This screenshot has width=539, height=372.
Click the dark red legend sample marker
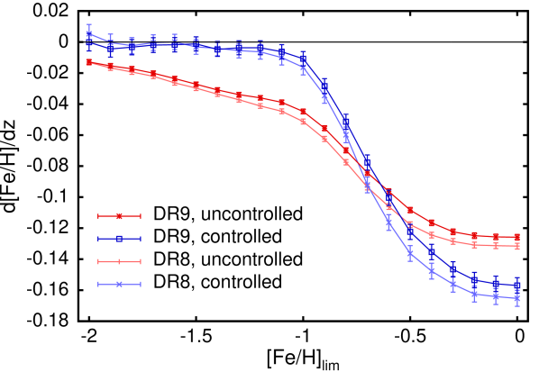pyautogui.click(x=119, y=216)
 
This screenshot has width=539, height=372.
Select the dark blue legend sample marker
pyautogui.click(x=119, y=239)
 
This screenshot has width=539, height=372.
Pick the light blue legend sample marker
pyautogui.click(x=119, y=285)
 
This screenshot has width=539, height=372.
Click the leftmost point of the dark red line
pyautogui.click(x=89, y=62)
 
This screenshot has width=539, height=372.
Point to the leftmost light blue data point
pyautogui.click(x=89, y=34)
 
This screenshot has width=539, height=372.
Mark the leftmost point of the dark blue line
pyautogui.click(x=89, y=42)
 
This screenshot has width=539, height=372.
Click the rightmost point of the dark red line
pyautogui.click(x=517, y=237)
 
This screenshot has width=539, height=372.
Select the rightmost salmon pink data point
pyautogui.click(x=517, y=246)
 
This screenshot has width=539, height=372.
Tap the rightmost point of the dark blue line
pyautogui.click(x=517, y=285)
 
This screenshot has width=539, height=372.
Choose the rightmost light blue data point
pyautogui.click(x=517, y=298)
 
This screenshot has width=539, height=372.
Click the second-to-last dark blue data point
pyautogui.click(x=496, y=284)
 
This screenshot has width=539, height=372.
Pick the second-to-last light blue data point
pyautogui.click(x=496, y=296)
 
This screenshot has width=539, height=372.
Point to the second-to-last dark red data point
pyautogui.click(x=496, y=237)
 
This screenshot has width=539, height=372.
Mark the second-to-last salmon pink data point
pyautogui.click(x=496, y=246)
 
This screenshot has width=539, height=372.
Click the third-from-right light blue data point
pyautogui.click(x=475, y=294)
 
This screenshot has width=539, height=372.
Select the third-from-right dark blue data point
pyautogui.click(x=475, y=279)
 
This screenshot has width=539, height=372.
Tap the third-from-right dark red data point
pyautogui.click(x=475, y=235)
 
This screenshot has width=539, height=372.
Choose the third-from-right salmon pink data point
pyautogui.click(x=475, y=245)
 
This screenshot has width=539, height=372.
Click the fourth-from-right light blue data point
pyautogui.click(x=453, y=284)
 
